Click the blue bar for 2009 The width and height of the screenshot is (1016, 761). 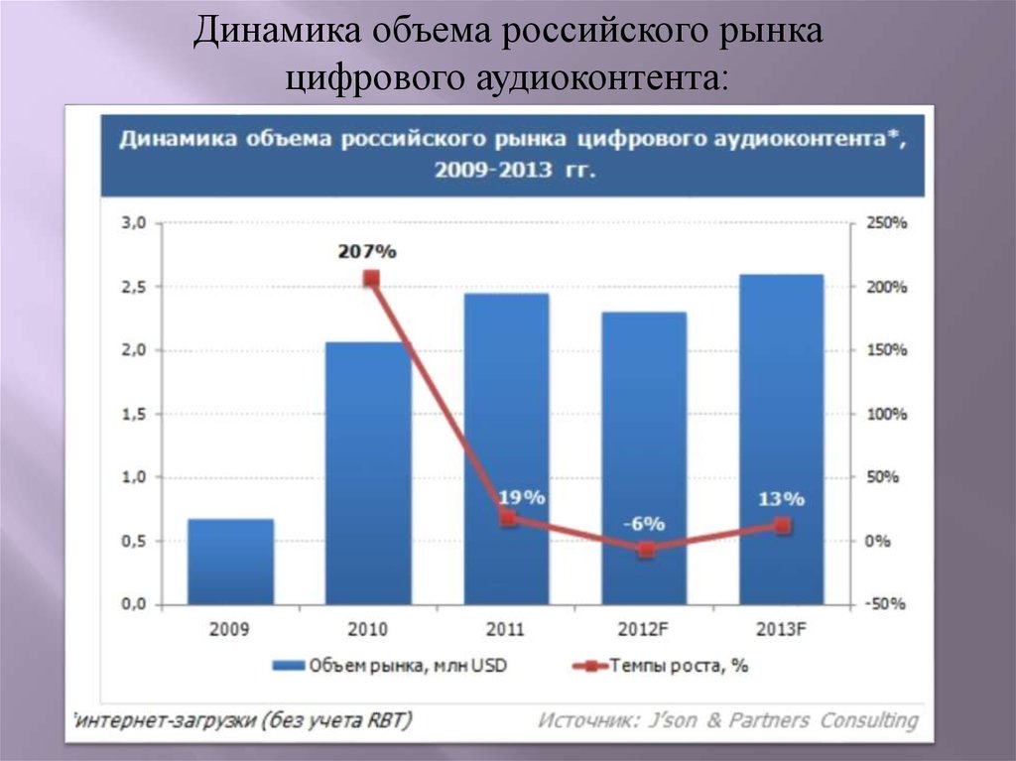[x=230, y=562]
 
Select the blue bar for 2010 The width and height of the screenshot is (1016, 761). [x=368, y=473]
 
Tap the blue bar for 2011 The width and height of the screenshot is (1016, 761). [x=506, y=448]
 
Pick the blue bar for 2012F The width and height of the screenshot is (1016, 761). [x=644, y=458]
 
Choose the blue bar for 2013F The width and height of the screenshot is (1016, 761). [x=782, y=439]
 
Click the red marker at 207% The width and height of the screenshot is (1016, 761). [x=371, y=279]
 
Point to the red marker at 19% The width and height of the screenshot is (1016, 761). [x=508, y=518]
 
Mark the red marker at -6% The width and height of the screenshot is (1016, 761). [x=646, y=550]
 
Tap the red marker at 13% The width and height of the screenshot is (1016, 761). [x=783, y=526]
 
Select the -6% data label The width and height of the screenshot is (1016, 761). [x=644, y=524]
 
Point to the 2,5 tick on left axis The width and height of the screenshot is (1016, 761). [x=133, y=287]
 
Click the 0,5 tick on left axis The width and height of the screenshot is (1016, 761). [x=133, y=541]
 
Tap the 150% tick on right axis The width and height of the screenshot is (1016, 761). [x=887, y=350]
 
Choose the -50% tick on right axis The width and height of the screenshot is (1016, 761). [x=887, y=604]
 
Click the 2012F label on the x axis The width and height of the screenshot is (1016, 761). [x=644, y=629]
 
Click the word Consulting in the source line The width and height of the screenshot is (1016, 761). [x=868, y=720]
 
